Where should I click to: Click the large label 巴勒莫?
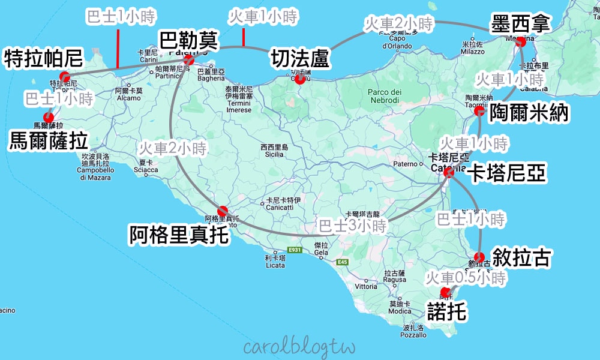point(188,41)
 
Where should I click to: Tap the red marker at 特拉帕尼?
point(64,77)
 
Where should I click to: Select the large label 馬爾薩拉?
point(49,142)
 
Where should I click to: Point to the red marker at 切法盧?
point(299,76)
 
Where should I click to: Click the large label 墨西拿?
point(520,24)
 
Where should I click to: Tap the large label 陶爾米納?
point(529,113)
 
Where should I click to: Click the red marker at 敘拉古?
point(479,257)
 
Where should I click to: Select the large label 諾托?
point(446,311)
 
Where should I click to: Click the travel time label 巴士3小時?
point(352,226)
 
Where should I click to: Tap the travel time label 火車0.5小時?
point(466,277)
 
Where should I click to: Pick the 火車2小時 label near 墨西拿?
point(398,25)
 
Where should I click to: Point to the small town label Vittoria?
point(366,286)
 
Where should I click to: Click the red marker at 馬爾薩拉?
point(48,118)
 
